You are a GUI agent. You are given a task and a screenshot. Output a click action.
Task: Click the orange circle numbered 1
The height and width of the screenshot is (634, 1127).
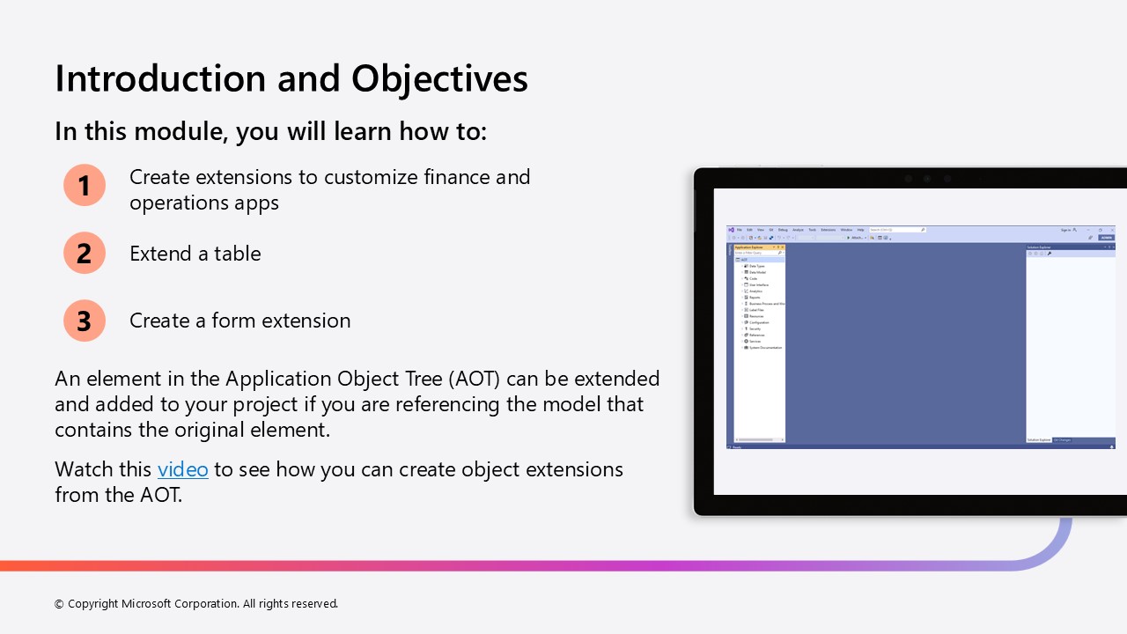pos(85,186)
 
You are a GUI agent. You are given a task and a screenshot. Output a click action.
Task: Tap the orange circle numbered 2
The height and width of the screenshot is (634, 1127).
pos(85,254)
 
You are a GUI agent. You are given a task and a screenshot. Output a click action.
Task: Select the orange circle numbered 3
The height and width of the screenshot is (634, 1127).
pos(85,321)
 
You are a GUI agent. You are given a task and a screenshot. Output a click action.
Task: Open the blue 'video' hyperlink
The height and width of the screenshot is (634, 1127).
pos(183,469)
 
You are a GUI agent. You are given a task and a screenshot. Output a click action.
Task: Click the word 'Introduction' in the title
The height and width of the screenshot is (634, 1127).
pos(159,78)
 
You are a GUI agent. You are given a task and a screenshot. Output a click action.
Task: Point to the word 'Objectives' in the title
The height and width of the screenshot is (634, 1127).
pos(439,78)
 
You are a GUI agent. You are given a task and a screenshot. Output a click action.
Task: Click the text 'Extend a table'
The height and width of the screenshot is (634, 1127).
pos(195,254)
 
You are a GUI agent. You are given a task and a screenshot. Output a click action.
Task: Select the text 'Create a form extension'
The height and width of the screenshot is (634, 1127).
pos(239,321)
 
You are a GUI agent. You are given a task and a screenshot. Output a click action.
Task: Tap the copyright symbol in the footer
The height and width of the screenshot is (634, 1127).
pos(59,604)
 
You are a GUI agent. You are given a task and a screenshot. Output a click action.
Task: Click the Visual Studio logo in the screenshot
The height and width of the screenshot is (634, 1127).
pos(731,230)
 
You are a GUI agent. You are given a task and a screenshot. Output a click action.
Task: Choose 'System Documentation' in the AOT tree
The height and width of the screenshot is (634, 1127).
pos(764,348)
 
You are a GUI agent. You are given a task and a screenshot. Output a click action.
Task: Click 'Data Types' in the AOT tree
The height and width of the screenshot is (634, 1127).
pos(756,266)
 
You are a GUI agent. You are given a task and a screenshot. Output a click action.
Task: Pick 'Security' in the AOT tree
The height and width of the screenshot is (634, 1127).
pos(755,328)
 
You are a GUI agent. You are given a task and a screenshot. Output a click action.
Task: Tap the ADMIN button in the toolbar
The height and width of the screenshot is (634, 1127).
pos(1106,238)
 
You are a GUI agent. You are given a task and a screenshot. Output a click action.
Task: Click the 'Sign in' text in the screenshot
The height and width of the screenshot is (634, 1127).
pos(1065,230)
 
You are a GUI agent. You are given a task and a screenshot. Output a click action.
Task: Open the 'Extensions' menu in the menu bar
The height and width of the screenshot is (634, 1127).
pos(828,230)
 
